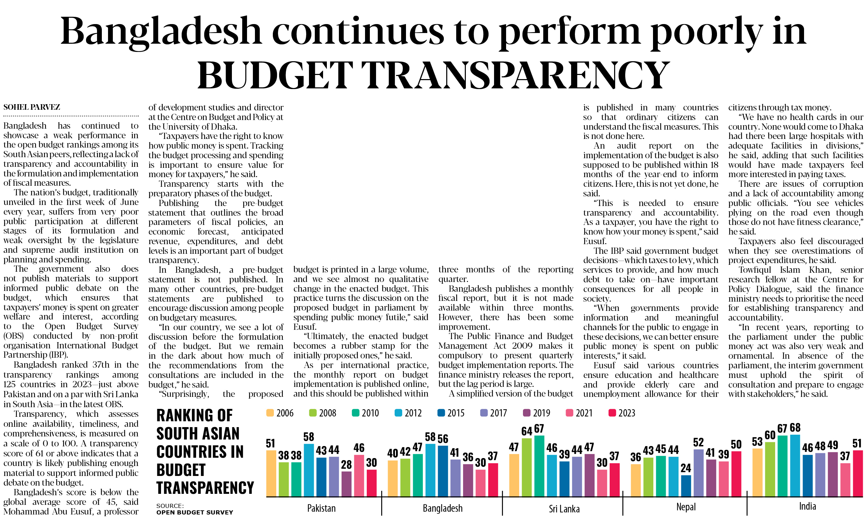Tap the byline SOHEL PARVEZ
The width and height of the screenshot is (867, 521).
tap(32, 107)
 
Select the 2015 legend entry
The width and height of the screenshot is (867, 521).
tap(451, 413)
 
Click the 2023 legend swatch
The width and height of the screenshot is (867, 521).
tap(612, 413)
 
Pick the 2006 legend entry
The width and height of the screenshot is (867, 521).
tap(280, 413)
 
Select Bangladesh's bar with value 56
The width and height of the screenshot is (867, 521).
tap(443, 471)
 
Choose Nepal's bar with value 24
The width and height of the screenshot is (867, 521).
tap(686, 486)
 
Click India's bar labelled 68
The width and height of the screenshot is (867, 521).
tap(795, 465)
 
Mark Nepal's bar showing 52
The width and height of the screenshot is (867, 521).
tap(698, 473)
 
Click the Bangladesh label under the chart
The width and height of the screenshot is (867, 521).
tap(442, 508)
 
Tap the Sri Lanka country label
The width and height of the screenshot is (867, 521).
tap(564, 508)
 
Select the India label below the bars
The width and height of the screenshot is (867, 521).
tap(807, 506)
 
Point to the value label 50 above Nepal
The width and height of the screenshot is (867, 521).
tap(736, 444)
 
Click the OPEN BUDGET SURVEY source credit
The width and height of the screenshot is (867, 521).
tap(194, 512)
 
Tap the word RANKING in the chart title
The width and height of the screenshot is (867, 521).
tap(194, 416)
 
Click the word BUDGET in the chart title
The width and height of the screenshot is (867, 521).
tap(181, 470)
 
